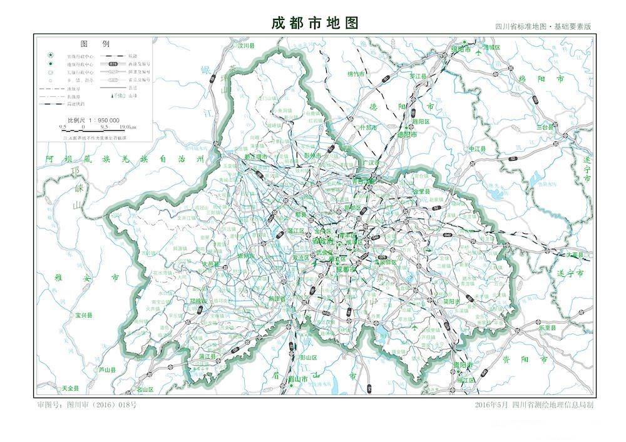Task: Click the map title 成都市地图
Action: (x=315, y=23)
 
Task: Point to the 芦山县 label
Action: (x=108, y=370)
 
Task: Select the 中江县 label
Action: (x=478, y=149)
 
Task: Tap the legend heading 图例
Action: (x=95, y=44)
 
